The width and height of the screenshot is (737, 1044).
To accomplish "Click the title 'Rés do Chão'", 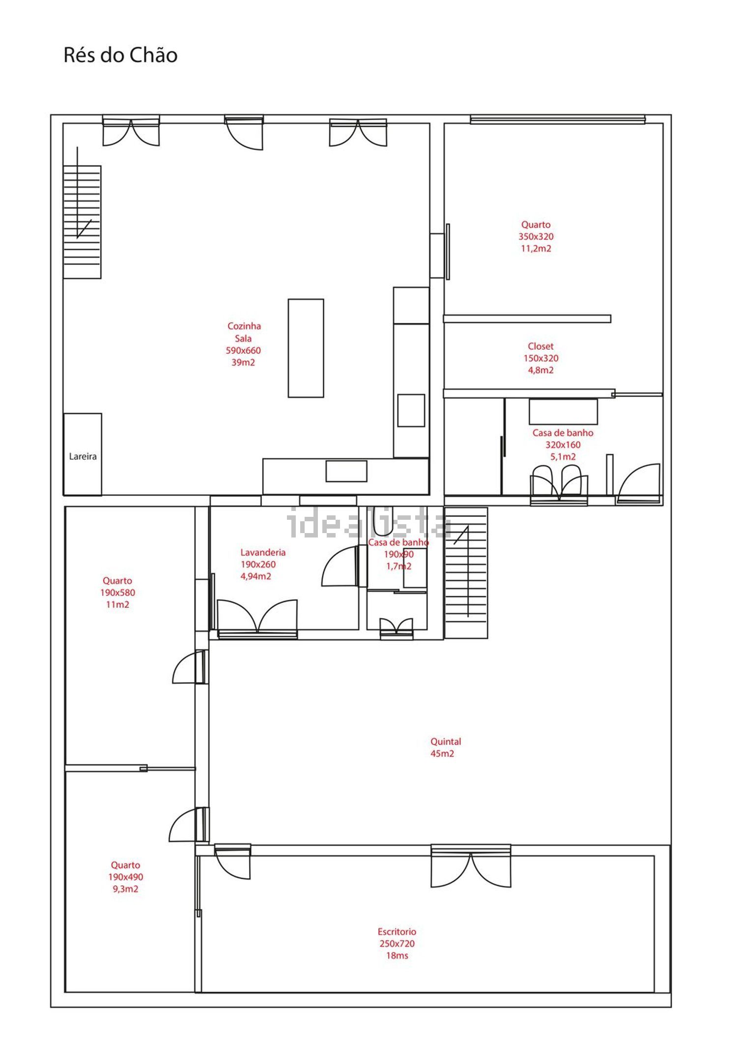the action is click(120, 55).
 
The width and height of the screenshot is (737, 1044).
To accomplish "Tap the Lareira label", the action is click(83, 456).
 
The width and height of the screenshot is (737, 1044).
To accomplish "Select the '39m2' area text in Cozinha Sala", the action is click(243, 362).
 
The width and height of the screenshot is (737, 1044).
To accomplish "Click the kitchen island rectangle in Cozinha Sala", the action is click(306, 348).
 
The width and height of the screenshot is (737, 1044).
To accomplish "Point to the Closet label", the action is click(540, 346).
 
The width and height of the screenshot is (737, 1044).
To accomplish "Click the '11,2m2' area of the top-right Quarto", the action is click(536, 248).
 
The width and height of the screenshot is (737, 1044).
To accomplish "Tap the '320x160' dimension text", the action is click(563, 445).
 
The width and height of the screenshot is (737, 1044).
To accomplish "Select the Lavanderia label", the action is click(263, 552).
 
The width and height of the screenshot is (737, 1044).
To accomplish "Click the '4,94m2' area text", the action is click(255, 576).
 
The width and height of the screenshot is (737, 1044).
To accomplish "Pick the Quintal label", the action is click(446, 741).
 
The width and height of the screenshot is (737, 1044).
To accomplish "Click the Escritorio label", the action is click(397, 931).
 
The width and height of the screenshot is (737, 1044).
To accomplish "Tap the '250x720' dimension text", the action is click(397, 943).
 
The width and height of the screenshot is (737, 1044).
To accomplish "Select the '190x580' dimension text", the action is click(117, 593).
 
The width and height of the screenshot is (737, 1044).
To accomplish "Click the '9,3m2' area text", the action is click(125, 889).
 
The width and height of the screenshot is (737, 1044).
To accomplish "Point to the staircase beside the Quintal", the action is click(466, 573).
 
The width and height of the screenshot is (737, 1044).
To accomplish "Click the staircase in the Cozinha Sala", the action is click(82, 222).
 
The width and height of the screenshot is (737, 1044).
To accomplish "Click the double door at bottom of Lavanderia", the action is click(257, 619).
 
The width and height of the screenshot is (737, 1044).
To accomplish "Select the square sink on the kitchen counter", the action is click(411, 410).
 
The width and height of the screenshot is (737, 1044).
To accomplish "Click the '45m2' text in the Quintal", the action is click(442, 753).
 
